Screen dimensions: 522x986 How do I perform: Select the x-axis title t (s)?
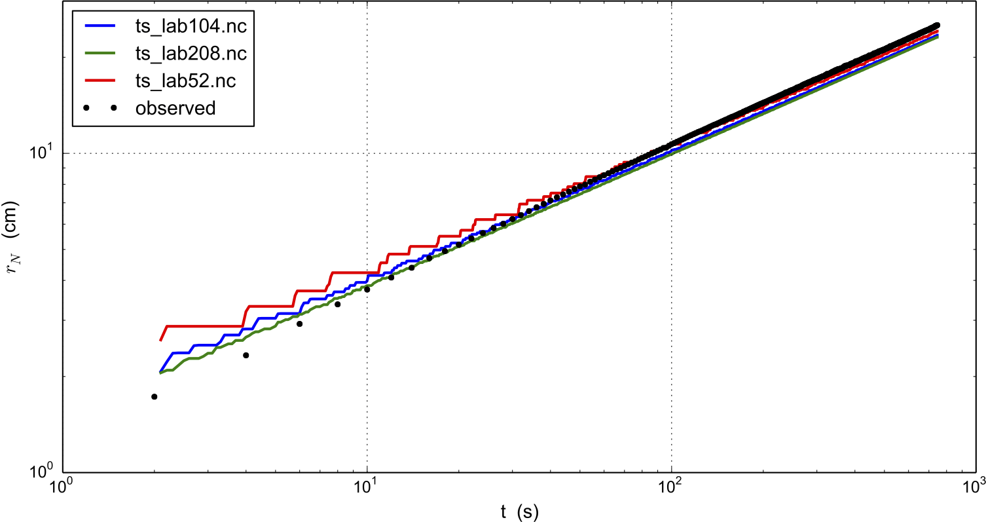coord(517,510)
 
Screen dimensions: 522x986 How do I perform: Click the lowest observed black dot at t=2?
coord(154,396)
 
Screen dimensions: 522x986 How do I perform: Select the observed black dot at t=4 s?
coord(246,355)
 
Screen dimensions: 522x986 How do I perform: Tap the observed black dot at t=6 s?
coord(299,324)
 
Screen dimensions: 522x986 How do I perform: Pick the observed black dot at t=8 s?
coord(337,304)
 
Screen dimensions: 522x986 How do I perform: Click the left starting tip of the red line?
coord(160,341)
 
